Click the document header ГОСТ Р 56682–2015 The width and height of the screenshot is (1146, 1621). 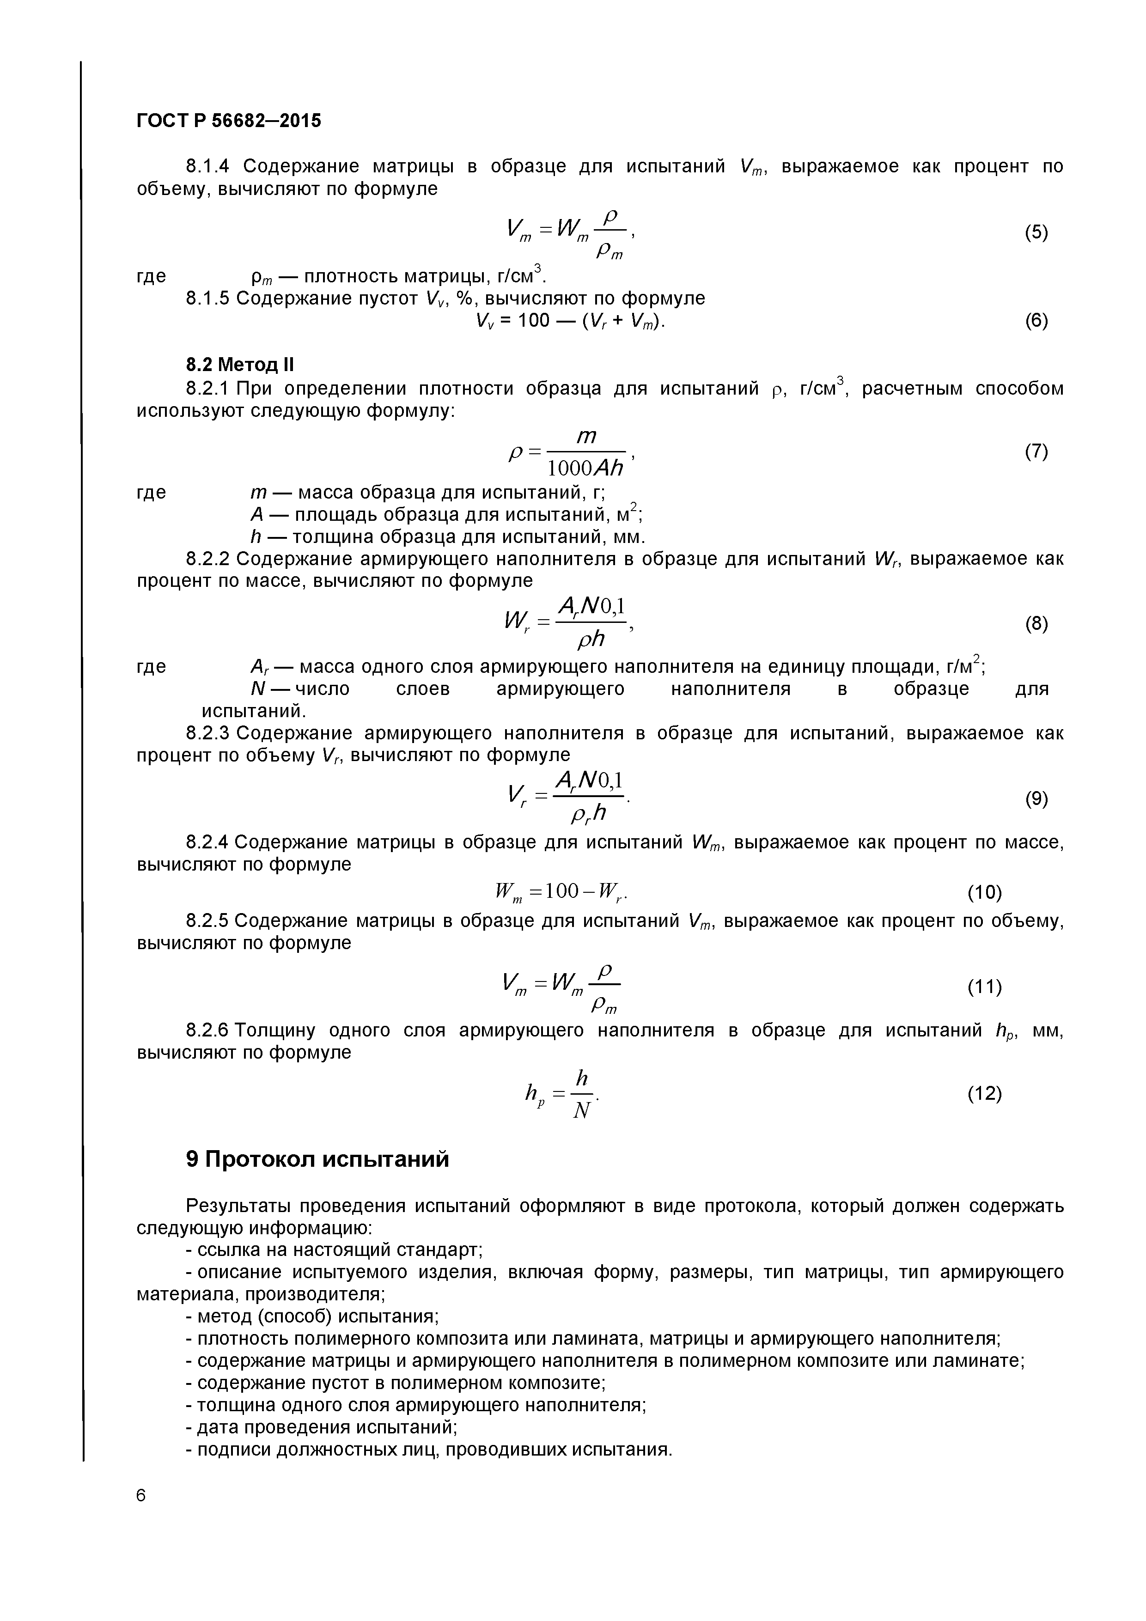(228, 122)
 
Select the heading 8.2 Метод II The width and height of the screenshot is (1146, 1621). (239, 365)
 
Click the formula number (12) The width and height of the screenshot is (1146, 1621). (984, 1094)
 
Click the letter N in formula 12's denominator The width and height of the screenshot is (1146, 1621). (581, 1112)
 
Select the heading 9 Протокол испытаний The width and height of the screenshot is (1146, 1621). (317, 1159)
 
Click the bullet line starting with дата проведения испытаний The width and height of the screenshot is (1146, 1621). (321, 1427)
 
